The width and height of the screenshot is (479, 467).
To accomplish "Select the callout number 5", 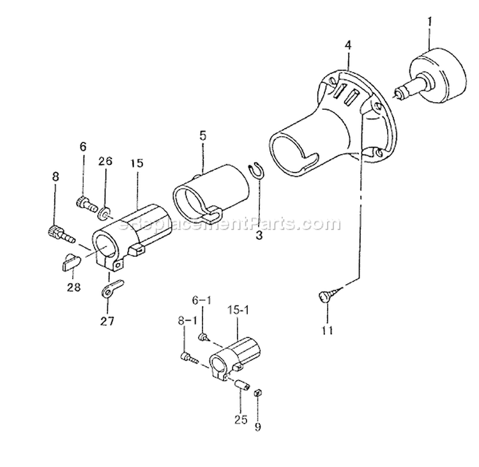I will (202, 135).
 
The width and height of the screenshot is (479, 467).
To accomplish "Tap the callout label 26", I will (105, 162).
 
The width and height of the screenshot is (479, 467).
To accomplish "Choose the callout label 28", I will (74, 287).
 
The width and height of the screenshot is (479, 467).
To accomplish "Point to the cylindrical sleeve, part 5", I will (211, 190).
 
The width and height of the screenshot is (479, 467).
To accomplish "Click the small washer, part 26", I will (105, 208).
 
